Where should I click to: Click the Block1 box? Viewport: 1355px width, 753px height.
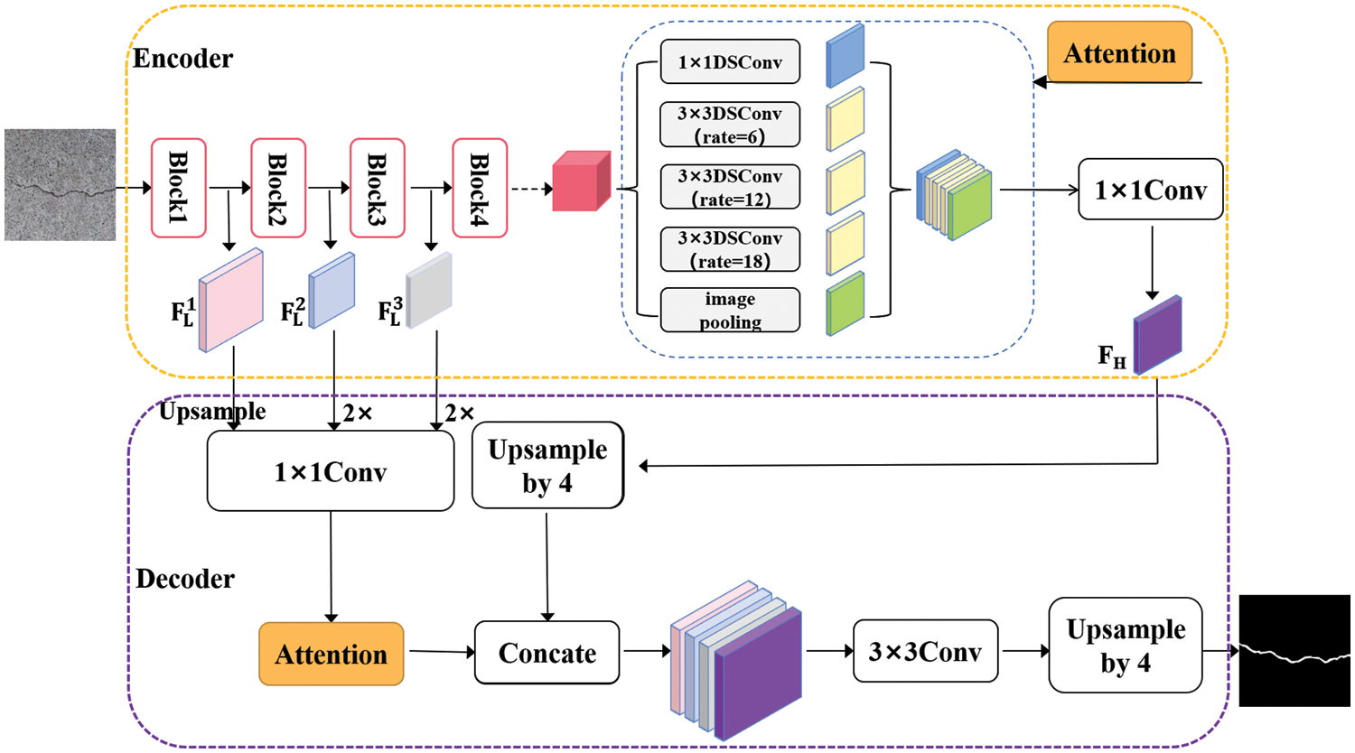tap(179, 188)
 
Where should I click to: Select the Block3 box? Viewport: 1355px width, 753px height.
tap(378, 188)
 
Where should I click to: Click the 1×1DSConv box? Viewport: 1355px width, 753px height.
tap(730, 62)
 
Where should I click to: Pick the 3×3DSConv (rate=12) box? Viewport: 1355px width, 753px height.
tap(730, 187)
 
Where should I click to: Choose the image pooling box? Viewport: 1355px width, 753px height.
tap(730, 310)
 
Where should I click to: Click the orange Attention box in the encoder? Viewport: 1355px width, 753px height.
tap(1119, 53)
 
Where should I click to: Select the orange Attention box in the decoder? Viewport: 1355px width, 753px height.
tap(331, 654)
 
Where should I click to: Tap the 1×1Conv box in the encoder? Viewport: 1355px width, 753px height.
tap(1150, 190)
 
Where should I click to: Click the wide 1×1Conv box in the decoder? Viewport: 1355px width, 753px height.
tap(331, 471)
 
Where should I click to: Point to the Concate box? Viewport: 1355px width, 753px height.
tap(547, 652)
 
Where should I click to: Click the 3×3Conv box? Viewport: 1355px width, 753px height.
tap(925, 651)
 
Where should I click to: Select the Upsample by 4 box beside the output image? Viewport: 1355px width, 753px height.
tap(1125, 646)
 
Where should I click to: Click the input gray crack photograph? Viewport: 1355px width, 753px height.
tap(60, 184)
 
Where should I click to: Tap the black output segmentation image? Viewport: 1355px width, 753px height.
tap(1294, 650)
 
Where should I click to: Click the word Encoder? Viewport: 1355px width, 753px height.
tap(182, 59)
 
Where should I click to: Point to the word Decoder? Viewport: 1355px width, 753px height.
tap(185, 579)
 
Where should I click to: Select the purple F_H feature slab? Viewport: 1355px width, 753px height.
tap(1158, 334)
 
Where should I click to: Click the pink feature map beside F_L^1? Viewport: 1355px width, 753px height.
tap(232, 300)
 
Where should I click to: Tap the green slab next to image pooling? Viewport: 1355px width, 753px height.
tap(846, 304)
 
